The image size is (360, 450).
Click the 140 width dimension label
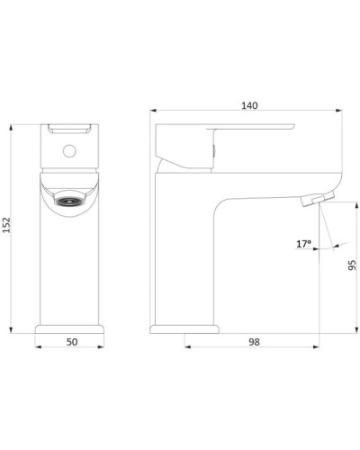249,105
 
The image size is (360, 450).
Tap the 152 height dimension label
6,225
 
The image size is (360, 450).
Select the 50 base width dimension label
72,342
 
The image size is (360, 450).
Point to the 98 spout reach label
254,342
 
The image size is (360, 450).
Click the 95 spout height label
352,265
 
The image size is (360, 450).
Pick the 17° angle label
304,244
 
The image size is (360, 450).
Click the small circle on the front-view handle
69,151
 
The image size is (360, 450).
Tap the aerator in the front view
69,202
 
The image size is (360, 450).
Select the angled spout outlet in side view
319,200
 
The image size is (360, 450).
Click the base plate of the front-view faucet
69,329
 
